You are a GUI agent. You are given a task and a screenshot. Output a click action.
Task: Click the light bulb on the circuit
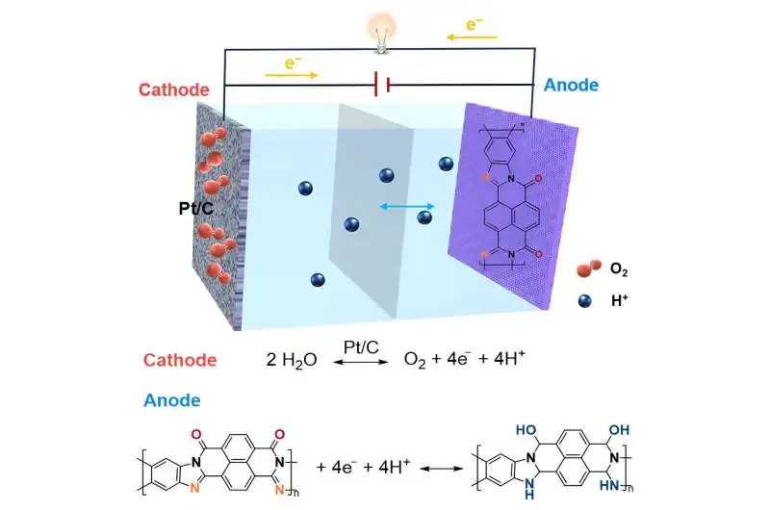pyautogui.click(x=381, y=32)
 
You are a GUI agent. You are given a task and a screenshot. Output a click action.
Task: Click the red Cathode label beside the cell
pyautogui.click(x=174, y=89)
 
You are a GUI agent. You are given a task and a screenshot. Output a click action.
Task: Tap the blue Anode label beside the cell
pyautogui.click(x=571, y=85)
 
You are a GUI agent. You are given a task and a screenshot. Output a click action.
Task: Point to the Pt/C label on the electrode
pyautogui.click(x=196, y=209)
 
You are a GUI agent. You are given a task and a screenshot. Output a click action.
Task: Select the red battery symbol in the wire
pyautogui.click(x=382, y=85)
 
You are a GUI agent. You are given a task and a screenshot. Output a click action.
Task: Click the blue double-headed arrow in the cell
pyautogui.click(x=407, y=207)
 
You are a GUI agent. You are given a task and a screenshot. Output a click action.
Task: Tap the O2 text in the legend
pyautogui.click(x=619, y=269)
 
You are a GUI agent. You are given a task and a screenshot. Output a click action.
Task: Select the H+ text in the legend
pyautogui.click(x=619, y=300)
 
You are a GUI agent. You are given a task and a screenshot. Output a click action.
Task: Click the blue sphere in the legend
pyautogui.click(x=585, y=300)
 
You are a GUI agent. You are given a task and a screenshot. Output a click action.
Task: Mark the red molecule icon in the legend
pyautogui.click(x=589, y=268)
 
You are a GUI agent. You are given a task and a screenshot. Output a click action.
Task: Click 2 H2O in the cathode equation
pyautogui.click(x=292, y=360)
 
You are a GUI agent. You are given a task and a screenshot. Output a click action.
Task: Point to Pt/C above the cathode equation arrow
pyautogui.click(x=361, y=347)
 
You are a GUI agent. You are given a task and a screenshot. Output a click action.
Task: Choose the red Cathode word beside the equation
pyautogui.click(x=180, y=360)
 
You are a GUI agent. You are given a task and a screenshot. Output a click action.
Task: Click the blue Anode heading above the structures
pyautogui.click(x=172, y=400)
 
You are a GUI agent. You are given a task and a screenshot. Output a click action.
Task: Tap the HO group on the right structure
pyautogui.click(x=526, y=430)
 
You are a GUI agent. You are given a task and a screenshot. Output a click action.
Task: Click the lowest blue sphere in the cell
pyautogui.click(x=318, y=280)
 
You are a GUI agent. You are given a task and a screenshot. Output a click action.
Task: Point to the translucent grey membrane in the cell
pyautogui.click(x=371, y=211)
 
